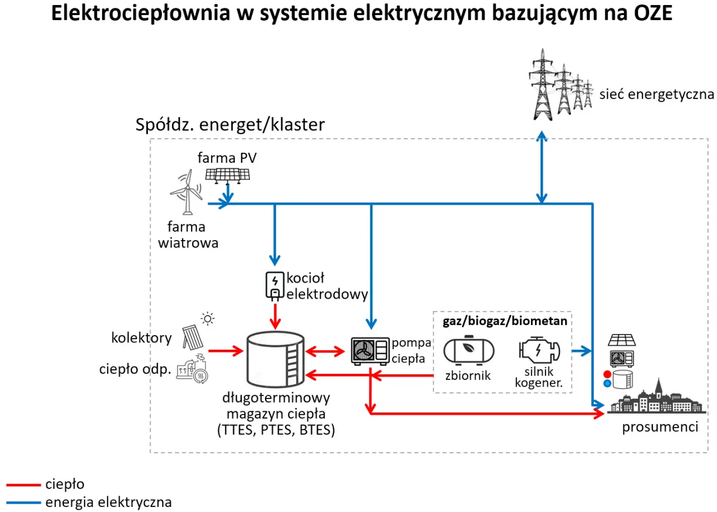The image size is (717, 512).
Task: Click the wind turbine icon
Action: tap(187, 193)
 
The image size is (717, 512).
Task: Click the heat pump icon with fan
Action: tap(369, 351)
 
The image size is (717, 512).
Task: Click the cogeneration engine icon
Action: tap(537, 351)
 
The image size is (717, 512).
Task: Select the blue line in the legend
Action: tap(23, 502)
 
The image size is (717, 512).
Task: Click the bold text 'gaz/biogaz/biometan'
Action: tap(504, 321)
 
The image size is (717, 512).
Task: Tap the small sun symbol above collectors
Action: tap(208, 320)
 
